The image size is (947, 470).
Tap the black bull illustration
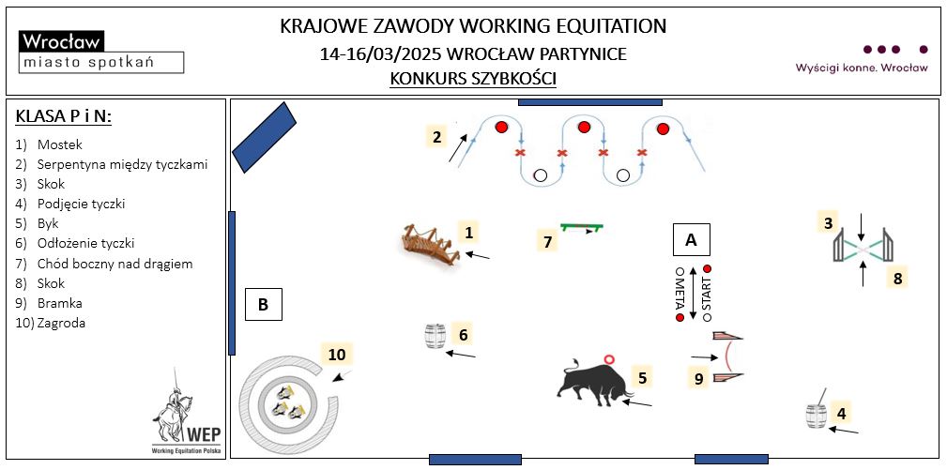pos(591,380)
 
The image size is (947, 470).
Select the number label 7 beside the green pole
pos(548,241)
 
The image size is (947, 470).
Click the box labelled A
pos(692,240)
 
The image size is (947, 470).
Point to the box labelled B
pos(264,305)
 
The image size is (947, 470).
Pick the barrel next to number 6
pos(435,336)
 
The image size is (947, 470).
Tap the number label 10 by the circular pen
pos(338,354)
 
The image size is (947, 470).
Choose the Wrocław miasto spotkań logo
pos(100,52)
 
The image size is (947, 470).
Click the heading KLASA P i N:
pos(64,116)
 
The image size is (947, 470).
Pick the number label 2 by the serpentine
pos(436,137)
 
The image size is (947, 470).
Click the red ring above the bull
pos(610,358)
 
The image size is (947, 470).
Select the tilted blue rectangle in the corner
pos(265,137)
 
